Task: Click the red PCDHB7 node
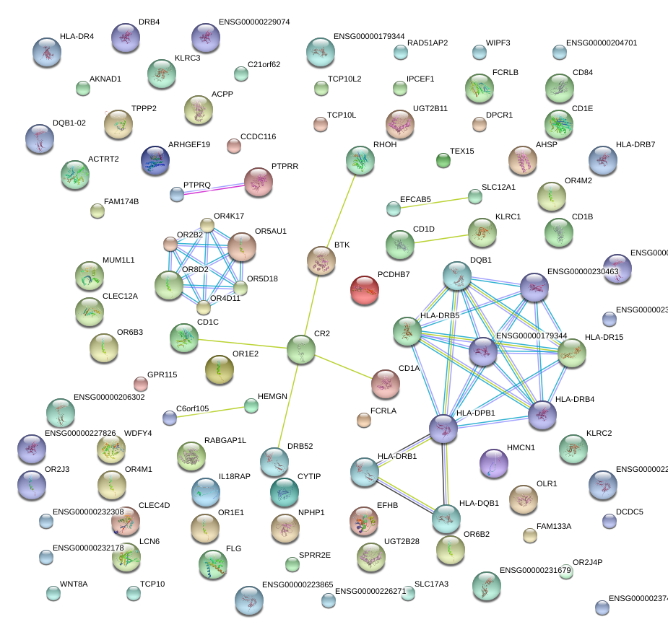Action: [x=365, y=290]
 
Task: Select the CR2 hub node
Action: [x=301, y=349]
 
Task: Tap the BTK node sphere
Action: [x=321, y=260]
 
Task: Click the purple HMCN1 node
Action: [x=494, y=463]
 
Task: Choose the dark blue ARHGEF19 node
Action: [x=155, y=160]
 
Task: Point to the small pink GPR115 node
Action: [x=141, y=383]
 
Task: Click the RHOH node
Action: [x=360, y=160]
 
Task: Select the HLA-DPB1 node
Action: [x=443, y=428]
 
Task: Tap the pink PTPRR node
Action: [x=259, y=182]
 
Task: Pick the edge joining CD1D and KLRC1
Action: [x=441, y=239]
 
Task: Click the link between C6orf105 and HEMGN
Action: [x=210, y=411]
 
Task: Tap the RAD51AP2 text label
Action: [x=428, y=43]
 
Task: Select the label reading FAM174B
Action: [x=121, y=201]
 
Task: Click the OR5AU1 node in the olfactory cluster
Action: [x=242, y=247]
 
